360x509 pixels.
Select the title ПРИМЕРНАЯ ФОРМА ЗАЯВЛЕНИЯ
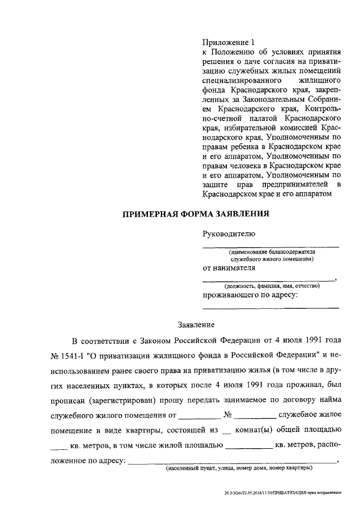[x=196, y=214]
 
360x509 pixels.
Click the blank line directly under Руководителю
[x=270, y=246]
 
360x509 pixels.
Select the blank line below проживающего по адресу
[x=270, y=308]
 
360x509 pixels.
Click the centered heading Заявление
[x=196, y=325]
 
